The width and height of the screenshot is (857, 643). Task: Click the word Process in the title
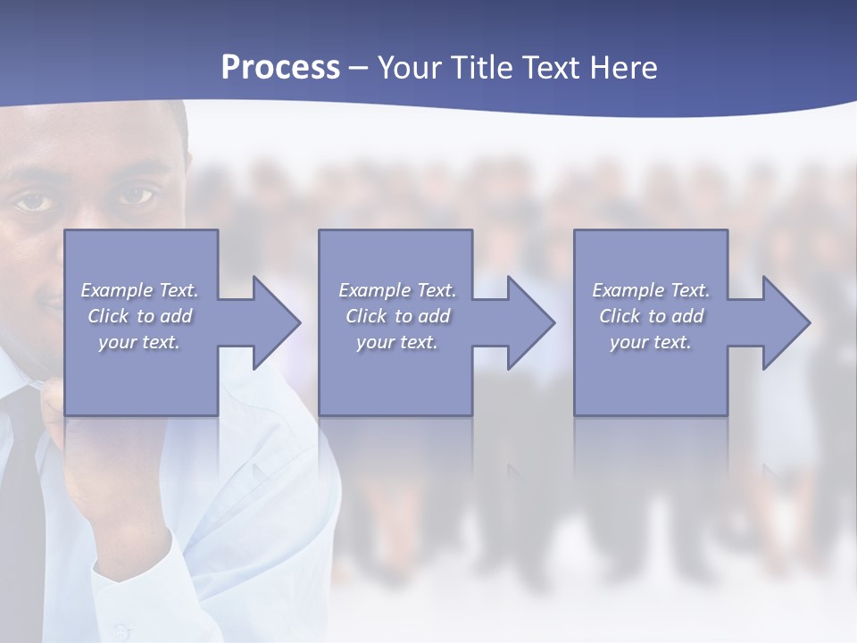(x=280, y=68)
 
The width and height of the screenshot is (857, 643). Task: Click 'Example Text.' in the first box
(x=139, y=290)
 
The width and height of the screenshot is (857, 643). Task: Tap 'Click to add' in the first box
(x=139, y=316)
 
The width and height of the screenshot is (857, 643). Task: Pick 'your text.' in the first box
(x=139, y=342)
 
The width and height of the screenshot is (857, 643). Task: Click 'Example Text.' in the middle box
(x=396, y=290)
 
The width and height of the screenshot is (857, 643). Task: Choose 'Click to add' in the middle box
(x=396, y=316)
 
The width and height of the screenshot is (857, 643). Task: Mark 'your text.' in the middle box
(x=396, y=342)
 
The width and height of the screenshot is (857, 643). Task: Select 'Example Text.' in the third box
(x=651, y=290)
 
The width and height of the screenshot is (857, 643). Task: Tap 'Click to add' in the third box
(x=651, y=316)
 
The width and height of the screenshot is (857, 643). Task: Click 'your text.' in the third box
(x=651, y=342)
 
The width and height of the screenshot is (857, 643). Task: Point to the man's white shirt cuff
(x=134, y=572)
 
